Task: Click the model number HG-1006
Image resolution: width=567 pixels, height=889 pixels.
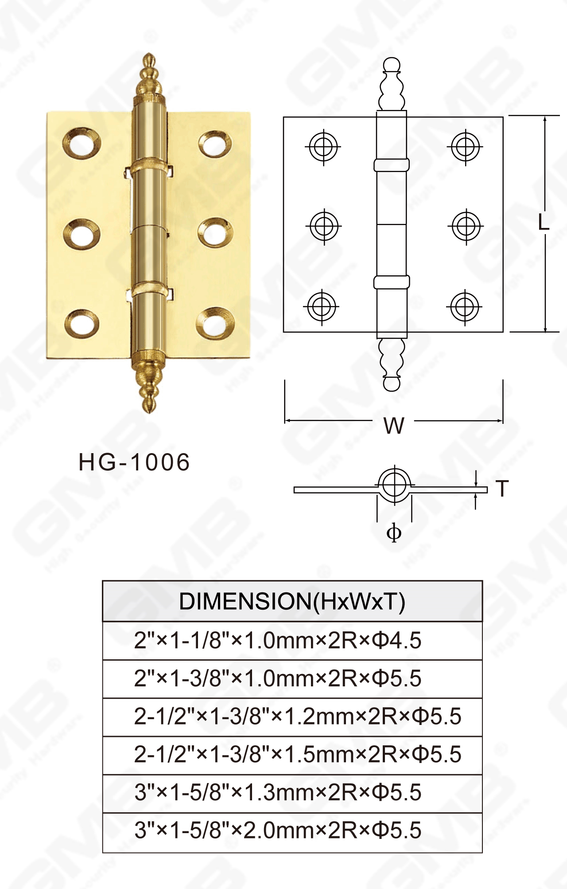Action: tap(134, 462)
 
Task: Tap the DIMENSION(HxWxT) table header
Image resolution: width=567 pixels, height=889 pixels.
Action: tap(292, 601)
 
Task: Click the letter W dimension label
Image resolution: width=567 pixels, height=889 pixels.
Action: tap(394, 426)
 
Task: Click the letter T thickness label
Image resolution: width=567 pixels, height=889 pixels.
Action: tap(502, 489)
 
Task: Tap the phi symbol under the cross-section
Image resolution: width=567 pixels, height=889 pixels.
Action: tap(394, 532)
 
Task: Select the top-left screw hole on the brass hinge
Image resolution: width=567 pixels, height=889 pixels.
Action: tap(82, 143)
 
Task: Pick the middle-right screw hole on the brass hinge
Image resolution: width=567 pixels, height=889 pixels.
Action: tap(215, 232)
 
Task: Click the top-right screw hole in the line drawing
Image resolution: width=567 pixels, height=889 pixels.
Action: tap(465, 147)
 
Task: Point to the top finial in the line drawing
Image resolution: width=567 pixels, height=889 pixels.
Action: tap(392, 84)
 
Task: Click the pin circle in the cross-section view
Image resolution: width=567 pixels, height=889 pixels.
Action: tap(394, 485)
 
